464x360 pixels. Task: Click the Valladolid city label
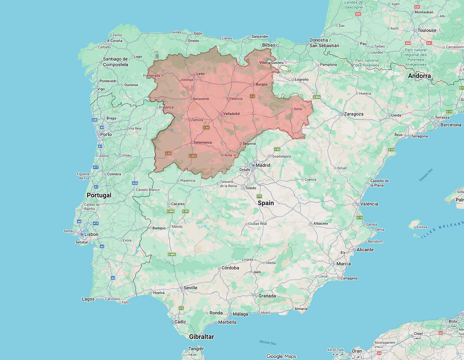point(231,114)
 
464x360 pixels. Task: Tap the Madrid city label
point(263,165)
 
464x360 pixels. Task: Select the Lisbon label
point(91,234)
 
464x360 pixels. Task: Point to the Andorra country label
point(419,76)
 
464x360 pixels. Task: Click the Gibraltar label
point(202,337)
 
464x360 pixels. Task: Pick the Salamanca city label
point(203,142)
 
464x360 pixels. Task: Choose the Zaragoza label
point(353,114)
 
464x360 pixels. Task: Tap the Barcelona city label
point(451,125)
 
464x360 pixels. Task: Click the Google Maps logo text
point(281,356)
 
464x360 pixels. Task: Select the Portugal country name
point(99,195)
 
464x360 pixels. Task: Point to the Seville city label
point(190,288)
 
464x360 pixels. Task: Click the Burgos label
point(261,84)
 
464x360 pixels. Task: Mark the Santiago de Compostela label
point(115,62)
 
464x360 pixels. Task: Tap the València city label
point(369,204)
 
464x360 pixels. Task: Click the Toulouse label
point(427,30)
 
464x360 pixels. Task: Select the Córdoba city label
point(230,268)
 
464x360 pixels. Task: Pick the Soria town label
point(298,109)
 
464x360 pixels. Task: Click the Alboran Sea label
point(268,342)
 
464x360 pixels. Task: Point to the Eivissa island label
point(422,227)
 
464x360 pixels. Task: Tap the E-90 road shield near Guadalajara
point(277,149)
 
